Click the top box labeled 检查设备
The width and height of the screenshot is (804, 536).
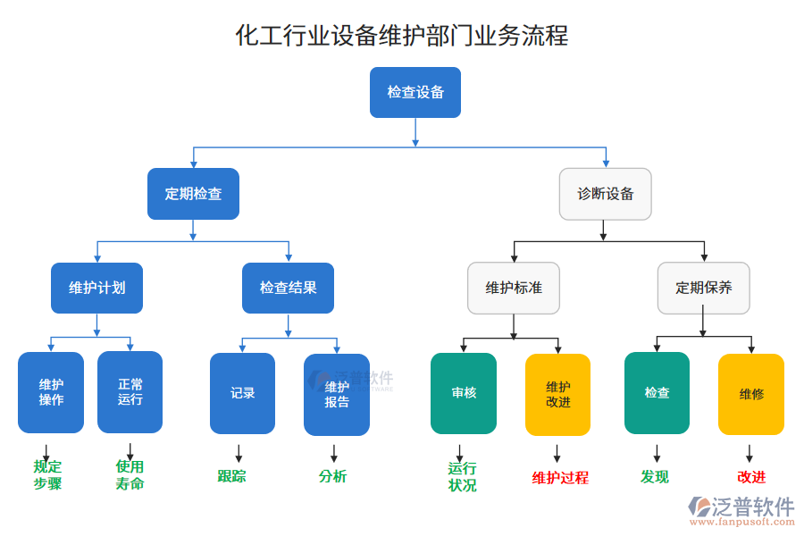coord(415,92)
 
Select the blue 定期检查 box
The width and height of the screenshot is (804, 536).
coord(193,194)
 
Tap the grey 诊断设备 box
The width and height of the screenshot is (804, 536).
coord(605,194)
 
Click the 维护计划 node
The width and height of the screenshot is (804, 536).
coord(96,288)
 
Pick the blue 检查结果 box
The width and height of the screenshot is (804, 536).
coord(288,288)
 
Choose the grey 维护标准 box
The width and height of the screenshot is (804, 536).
coord(514,288)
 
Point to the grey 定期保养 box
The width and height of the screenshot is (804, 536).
coord(704,288)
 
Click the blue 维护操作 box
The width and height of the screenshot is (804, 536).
coord(51,392)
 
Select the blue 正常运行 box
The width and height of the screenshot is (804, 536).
coord(130,392)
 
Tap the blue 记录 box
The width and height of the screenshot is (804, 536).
coord(242,393)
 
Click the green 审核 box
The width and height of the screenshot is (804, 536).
coord(464,393)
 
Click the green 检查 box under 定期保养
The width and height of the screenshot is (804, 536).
coord(657,393)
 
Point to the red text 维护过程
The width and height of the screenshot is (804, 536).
coord(560,478)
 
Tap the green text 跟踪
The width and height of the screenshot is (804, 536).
coord(231,476)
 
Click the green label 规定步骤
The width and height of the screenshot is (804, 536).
coord(47,475)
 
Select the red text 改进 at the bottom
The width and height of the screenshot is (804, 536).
coord(751,477)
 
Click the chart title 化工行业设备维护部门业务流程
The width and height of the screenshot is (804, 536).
coord(401,36)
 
